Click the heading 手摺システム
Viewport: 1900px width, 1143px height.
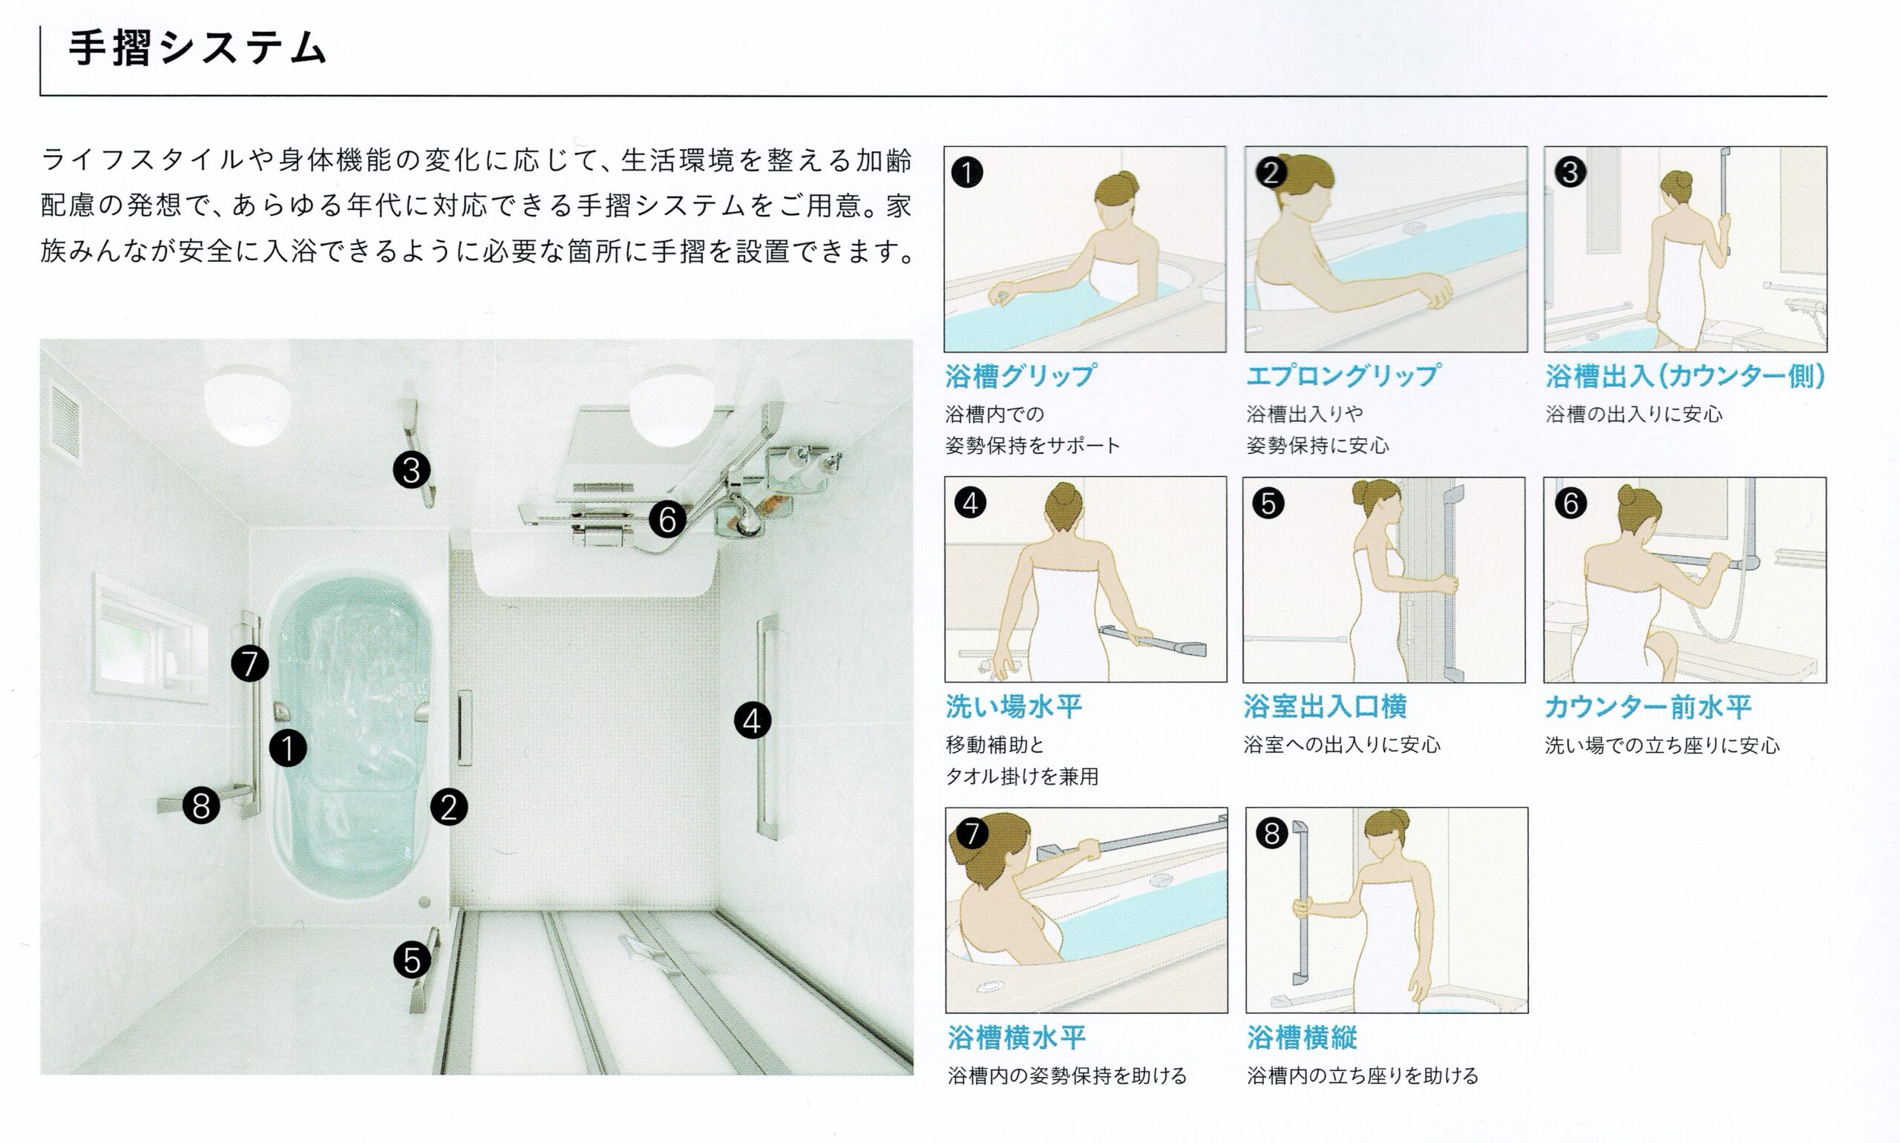tap(198, 47)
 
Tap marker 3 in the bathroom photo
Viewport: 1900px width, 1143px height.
tap(411, 470)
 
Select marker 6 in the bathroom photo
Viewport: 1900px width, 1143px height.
tap(667, 519)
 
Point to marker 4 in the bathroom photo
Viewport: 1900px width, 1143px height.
tap(752, 721)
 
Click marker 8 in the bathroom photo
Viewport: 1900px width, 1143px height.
tap(202, 806)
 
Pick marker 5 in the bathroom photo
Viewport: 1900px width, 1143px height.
tap(412, 960)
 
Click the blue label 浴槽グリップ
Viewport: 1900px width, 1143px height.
tap(1020, 376)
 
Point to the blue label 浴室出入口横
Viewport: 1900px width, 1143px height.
tap(1326, 706)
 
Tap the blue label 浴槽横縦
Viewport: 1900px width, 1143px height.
tap(1302, 1038)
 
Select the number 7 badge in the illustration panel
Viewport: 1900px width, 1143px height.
tap(972, 834)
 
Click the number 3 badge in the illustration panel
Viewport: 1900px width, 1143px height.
tap(1570, 172)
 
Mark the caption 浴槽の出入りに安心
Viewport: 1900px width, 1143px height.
tap(1634, 415)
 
